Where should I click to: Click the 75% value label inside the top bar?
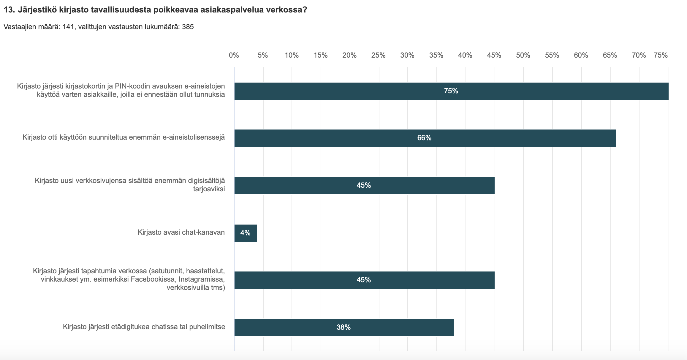[451, 91]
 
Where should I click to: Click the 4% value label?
[245, 233]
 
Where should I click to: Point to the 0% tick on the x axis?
[234, 55]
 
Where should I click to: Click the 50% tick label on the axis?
[523, 55]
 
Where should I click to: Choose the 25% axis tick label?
[378, 55]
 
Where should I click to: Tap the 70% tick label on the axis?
[639, 55]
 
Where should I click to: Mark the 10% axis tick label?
[292, 55]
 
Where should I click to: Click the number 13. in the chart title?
[9, 10]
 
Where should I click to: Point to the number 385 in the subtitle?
[188, 27]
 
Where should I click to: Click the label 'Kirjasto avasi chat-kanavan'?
[181, 232]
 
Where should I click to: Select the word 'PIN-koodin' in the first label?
[134, 86]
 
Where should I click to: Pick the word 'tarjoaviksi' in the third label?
[209, 189]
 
